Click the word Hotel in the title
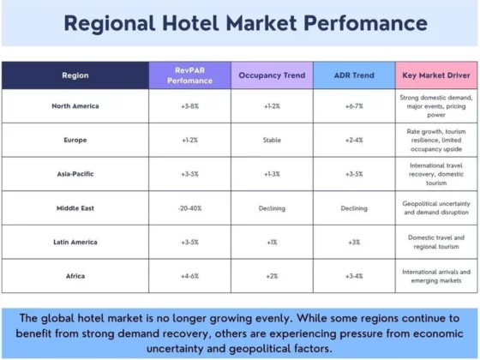190,23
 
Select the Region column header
75,75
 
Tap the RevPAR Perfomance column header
189,75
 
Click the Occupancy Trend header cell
272,75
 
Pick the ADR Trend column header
354,75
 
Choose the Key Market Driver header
436,75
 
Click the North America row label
75,106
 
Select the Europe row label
75,141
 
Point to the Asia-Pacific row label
75,174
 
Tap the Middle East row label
75,208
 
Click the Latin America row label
75,242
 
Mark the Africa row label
75,276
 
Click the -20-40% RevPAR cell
189,208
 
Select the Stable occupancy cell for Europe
272,141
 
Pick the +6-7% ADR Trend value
354,106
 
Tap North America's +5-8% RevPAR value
189,106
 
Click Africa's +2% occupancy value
272,276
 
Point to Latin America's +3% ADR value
354,242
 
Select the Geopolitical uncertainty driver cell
436,208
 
